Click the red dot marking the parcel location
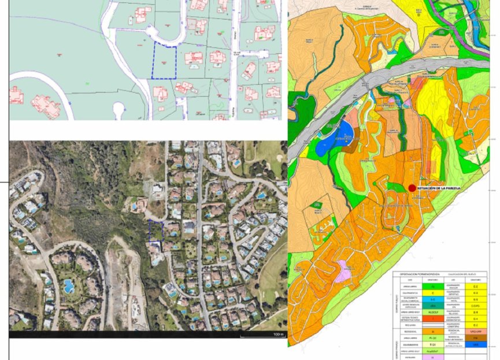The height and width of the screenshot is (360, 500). click(x=412, y=188)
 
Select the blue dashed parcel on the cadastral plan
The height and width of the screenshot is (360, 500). click(x=165, y=62)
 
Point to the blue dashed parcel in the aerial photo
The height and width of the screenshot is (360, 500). click(x=156, y=231)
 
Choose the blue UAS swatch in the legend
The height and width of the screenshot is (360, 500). click(x=475, y=344)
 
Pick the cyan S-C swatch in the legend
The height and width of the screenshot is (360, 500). click(x=434, y=300)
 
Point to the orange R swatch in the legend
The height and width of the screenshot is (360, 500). click(x=434, y=332)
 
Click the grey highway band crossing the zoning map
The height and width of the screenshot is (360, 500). click(x=370, y=92)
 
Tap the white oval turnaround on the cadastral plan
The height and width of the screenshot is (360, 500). click(x=120, y=109)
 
